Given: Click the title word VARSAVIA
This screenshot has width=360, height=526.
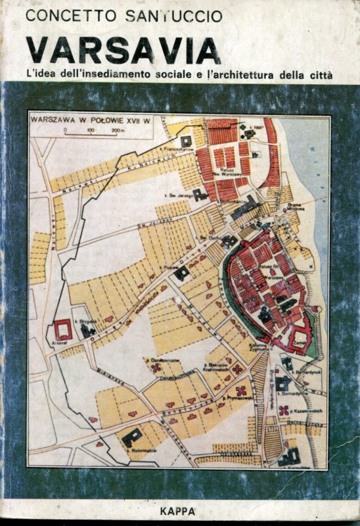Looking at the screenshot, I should point(124,51).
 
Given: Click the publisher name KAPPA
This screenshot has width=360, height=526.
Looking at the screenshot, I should point(182,508).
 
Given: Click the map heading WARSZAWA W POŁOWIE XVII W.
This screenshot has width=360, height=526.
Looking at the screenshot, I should point(104,120).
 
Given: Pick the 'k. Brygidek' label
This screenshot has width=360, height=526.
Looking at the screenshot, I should point(89,320).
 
